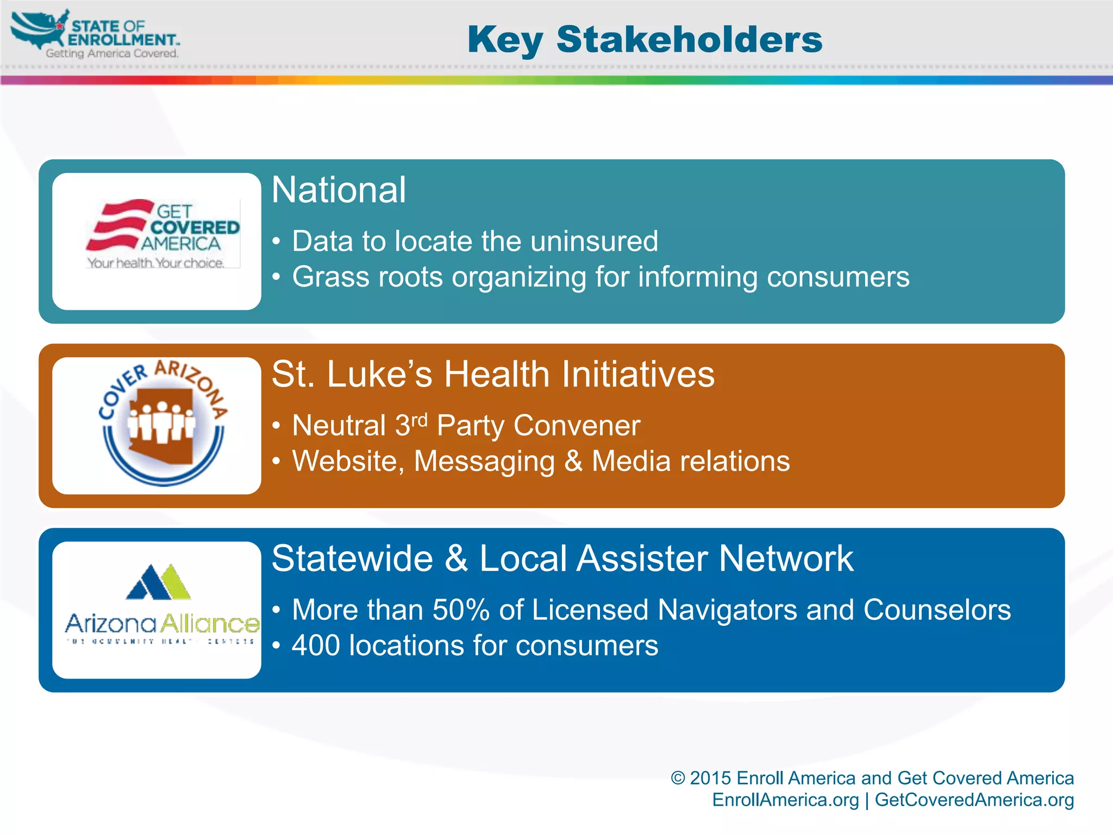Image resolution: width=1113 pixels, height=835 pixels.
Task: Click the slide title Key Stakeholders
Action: click(x=645, y=40)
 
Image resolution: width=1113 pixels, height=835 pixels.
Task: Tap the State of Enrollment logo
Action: click(x=95, y=34)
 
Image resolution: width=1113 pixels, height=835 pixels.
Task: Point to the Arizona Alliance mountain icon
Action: click(x=158, y=582)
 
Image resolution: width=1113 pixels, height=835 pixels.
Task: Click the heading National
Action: click(x=339, y=190)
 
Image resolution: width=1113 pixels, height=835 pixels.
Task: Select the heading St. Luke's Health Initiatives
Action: click(x=493, y=375)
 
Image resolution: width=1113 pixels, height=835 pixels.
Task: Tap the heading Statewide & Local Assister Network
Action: click(x=562, y=559)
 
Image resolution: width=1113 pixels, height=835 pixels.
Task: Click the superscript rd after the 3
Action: click(x=420, y=420)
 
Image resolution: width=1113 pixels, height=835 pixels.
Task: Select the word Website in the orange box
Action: click(x=348, y=462)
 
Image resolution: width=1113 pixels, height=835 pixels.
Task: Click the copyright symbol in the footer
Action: click(x=678, y=778)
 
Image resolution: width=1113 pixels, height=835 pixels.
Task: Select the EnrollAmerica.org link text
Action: click(x=785, y=800)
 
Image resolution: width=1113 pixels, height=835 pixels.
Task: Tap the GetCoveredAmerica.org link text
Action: click(x=974, y=800)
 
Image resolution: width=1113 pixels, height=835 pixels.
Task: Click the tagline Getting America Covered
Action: click(x=112, y=53)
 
